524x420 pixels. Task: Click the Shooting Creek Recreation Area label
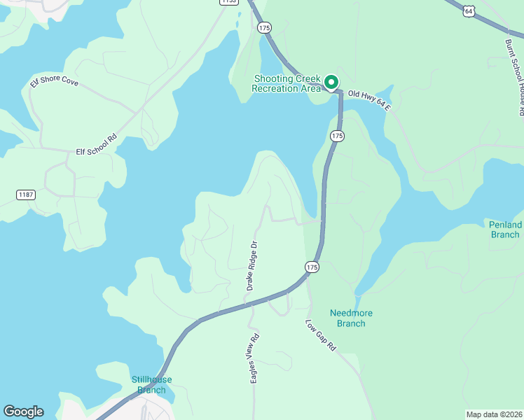click(x=287, y=83)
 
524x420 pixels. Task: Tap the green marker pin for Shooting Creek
click(x=331, y=83)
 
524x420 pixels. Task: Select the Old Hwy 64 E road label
click(x=370, y=101)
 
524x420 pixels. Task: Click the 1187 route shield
click(x=26, y=194)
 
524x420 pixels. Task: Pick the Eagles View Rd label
click(x=254, y=357)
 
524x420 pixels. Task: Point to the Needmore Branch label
click(x=347, y=318)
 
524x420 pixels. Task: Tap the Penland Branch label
click(x=505, y=230)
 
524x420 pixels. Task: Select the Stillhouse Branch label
click(x=151, y=384)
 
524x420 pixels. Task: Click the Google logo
click(x=23, y=412)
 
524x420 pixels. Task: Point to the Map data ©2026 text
click(x=494, y=414)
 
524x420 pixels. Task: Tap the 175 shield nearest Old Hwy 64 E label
click(x=338, y=136)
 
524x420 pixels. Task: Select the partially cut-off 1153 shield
click(x=228, y=2)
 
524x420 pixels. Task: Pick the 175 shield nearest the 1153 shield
click(x=264, y=27)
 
